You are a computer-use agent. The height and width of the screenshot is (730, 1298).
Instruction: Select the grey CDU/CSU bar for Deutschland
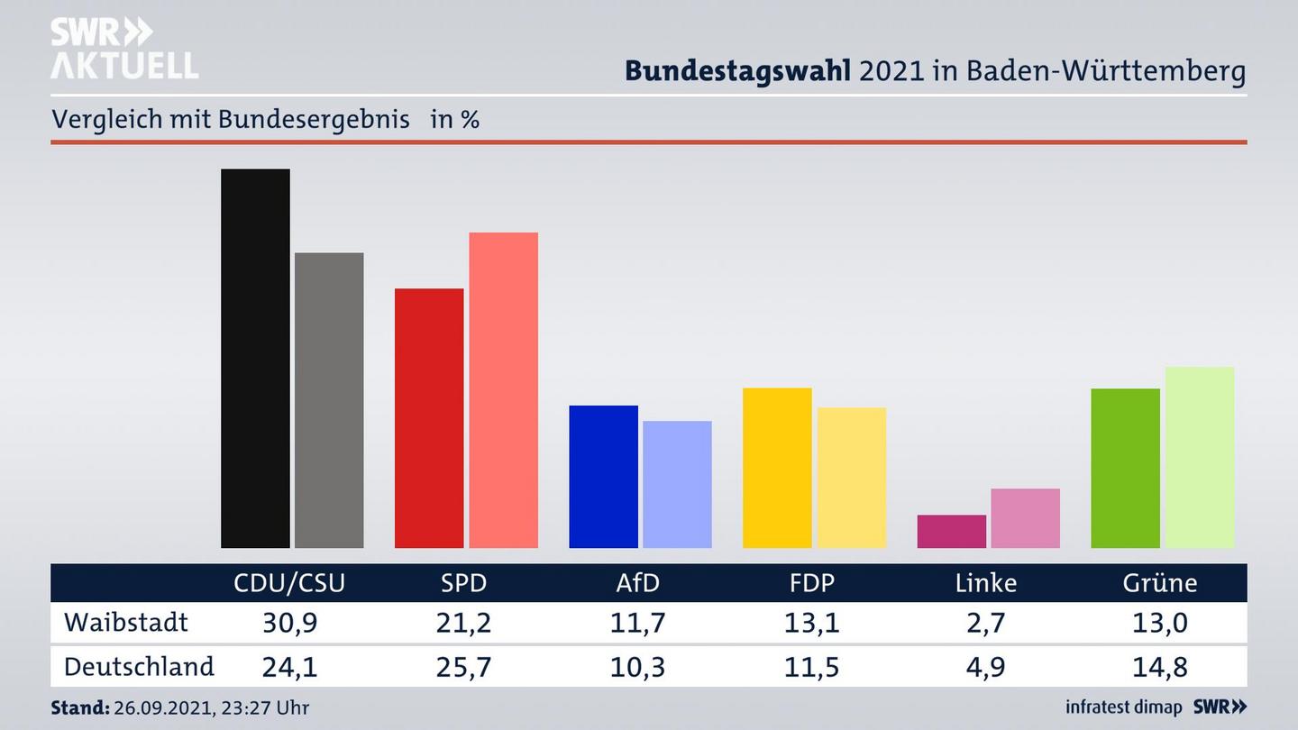tap(329, 400)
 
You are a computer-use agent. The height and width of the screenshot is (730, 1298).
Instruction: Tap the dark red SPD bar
tap(429, 418)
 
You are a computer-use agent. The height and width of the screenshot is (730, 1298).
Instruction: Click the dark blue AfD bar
tap(603, 477)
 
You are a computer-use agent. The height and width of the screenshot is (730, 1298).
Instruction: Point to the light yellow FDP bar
tap(851, 478)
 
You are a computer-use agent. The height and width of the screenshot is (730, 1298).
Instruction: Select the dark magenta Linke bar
tap(951, 532)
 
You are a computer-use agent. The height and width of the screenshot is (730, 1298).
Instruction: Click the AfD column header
tap(637, 583)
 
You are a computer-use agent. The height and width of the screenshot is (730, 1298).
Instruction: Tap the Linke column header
tap(985, 583)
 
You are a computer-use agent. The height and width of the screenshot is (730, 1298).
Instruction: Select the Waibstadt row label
tap(126, 622)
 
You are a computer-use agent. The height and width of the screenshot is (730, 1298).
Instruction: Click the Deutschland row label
tap(139, 667)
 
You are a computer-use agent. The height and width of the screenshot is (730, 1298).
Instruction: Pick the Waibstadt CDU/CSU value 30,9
tap(289, 623)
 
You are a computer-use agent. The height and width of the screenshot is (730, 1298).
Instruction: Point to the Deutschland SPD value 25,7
tap(463, 668)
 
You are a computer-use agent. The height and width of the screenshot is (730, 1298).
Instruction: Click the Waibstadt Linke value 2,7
tap(985, 623)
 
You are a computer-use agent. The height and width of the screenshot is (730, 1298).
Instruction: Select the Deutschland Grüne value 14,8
tap(1159, 668)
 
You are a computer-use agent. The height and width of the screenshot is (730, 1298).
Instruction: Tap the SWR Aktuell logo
tap(123, 49)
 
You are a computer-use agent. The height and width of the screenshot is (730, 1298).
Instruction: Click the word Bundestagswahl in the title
tap(737, 71)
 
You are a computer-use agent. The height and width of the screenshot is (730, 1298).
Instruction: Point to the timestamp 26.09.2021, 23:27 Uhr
tap(211, 708)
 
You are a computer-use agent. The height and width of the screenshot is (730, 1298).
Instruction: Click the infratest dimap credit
tap(1124, 707)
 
